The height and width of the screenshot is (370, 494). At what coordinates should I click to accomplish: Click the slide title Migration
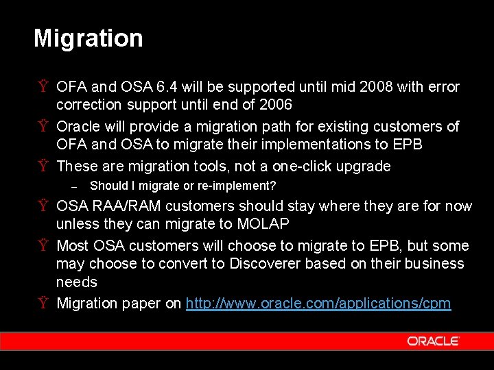pos(89,38)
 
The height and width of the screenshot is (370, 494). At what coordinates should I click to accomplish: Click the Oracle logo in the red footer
pos(432,341)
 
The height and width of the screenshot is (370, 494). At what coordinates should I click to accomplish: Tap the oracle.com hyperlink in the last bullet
pos(318,304)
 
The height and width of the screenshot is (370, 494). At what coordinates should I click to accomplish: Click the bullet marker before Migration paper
pos(43,304)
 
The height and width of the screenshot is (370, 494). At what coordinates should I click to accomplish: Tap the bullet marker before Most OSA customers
pos(43,246)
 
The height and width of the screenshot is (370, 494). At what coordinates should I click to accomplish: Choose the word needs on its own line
pos(76,282)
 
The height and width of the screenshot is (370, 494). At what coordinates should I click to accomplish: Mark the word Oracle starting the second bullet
pos(78,127)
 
